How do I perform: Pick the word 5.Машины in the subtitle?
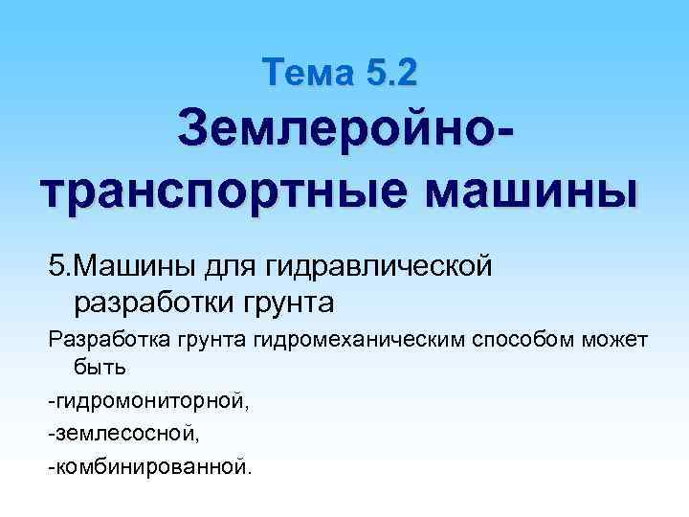tap(116, 262)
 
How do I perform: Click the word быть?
tap(93, 368)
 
